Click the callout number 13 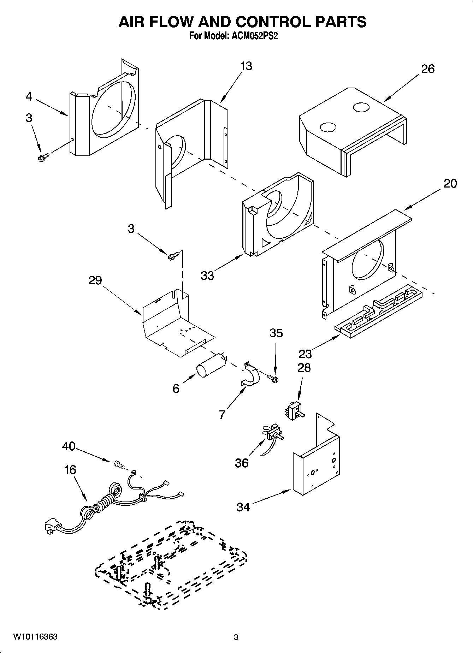point(246,66)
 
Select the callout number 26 point(427,69)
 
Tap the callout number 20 point(450,184)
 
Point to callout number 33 point(207,275)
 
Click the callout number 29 point(95,280)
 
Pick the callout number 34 point(243,507)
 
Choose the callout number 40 point(69,446)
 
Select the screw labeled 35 point(273,379)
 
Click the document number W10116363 point(35,637)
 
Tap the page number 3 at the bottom point(236,637)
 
